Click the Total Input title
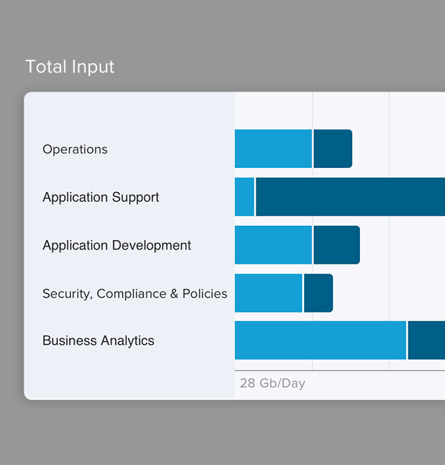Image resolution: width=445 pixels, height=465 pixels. (70, 67)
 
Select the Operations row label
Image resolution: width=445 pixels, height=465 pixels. (75, 149)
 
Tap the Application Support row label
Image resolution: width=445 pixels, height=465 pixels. (101, 197)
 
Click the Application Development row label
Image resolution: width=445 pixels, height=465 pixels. (117, 246)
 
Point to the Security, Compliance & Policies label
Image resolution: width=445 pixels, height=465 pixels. (135, 294)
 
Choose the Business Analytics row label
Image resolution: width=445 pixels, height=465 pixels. (98, 341)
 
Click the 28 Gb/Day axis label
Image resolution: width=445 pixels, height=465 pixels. (272, 383)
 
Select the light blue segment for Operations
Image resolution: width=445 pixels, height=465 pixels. (273, 149)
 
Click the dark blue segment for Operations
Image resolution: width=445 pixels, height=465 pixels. (333, 149)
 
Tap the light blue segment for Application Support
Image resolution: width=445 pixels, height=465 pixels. (244, 197)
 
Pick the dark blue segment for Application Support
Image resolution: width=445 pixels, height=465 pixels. (350, 197)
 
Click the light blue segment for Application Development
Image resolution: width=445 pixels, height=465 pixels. (273, 245)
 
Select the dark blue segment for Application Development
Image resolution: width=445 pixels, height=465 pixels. (337, 245)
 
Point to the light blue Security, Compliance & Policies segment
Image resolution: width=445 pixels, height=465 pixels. (268, 293)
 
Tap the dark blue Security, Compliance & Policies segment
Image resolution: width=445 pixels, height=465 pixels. (318, 293)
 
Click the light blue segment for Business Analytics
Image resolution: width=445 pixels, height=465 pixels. (320, 340)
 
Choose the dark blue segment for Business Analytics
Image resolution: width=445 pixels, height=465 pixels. (426, 340)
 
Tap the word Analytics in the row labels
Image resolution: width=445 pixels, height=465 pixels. (127, 341)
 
